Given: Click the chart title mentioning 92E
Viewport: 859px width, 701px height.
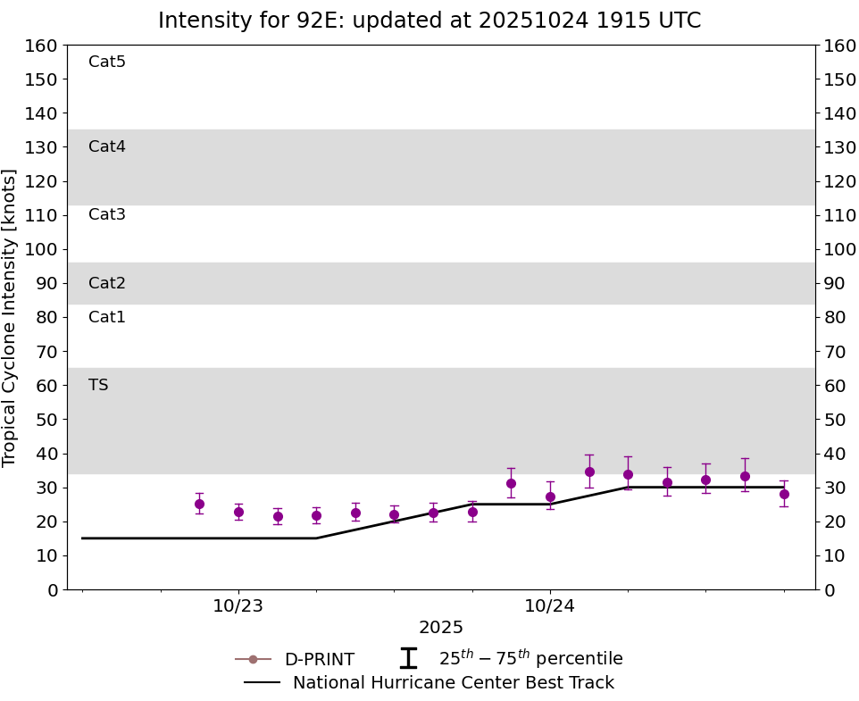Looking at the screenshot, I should pyautogui.click(x=429, y=21).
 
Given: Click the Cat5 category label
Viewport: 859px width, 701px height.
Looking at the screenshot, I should pyautogui.click(x=107, y=62).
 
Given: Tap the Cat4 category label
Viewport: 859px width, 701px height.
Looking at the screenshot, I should pyautogui.click(x=107, y=146).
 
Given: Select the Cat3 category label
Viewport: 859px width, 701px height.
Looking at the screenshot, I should pyautogui.click(x=107, y=214).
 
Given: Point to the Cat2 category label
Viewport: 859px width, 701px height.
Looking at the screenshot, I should pyautogui.click(x=107, y=283).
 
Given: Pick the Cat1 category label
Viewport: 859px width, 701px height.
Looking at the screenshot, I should pyautogui.click(x=107, y=317).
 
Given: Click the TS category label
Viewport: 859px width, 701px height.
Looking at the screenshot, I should pyautogui.click(x=98, y=385).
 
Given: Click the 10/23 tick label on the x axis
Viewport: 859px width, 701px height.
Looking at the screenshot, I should pyautogui.click(x=238, y=605).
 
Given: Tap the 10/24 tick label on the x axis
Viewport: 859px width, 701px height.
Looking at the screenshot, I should pyautogui.click(x=550, y=605).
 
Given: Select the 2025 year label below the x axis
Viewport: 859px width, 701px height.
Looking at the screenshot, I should pyautogui.click(x=441, y=628).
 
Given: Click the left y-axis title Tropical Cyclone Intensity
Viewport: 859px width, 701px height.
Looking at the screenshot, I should pyautogui.click(x=11, y=317).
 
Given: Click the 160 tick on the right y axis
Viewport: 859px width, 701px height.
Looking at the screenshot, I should pyautogui.click(x=840, y=46).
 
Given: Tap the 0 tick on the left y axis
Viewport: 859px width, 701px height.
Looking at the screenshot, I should pyautogui.click(x=52, y=589).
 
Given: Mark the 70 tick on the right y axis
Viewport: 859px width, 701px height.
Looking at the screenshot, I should pyautogui.click(x=835, y=351).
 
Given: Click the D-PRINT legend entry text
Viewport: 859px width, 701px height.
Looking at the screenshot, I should pyautogui.click(x=319, y=660).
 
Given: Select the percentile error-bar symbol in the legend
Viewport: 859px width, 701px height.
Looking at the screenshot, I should pyautogui.click(x=408, y=658).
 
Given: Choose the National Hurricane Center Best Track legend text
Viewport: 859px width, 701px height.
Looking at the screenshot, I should pyautogui.click(x=454, y=683).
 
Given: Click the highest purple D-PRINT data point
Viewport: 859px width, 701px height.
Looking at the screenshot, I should pyautogui.click(x=589, y=472).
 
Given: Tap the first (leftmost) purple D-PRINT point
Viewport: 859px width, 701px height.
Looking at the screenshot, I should pyautogui.click(x=199, y=504).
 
